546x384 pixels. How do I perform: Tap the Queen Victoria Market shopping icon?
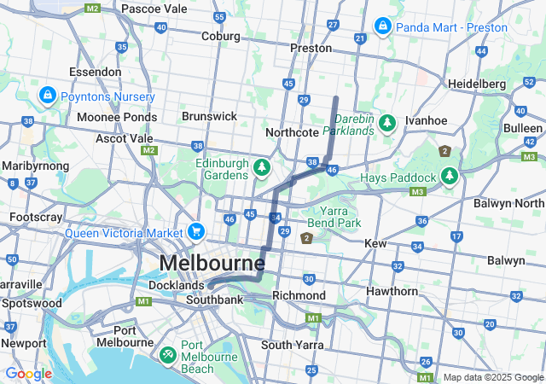click(196, 232)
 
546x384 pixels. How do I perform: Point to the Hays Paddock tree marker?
click(450, 177)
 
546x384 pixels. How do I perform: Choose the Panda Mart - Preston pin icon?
click(383, 26)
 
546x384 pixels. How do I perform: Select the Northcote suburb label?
click(291, 132)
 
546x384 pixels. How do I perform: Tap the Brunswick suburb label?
click(209, 116)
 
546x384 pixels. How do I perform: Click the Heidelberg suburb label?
click(478, 84)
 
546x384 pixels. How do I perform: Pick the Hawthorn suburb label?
click(391, 292)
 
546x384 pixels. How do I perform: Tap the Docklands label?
click(177, 284)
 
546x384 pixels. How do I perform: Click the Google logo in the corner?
click(28, 374)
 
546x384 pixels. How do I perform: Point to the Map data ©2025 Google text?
click(492, 377)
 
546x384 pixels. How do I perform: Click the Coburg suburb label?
click(221, 36)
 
